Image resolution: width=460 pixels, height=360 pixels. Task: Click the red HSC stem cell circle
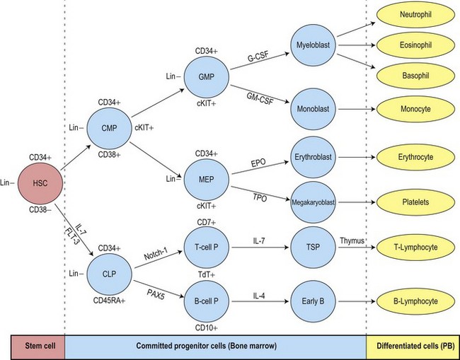[39, 184]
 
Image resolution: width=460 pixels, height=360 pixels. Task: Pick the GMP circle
[206, 78]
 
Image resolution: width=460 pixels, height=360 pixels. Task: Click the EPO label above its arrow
[258, 163]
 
